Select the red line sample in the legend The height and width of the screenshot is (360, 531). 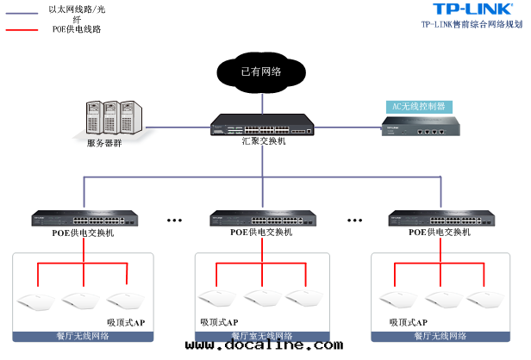[x=23, y=29]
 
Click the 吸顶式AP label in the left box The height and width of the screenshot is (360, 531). [x=126, y=322]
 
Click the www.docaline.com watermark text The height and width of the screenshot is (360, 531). [x=264, y=346]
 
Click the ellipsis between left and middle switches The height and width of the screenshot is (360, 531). [x=175, y=220]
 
